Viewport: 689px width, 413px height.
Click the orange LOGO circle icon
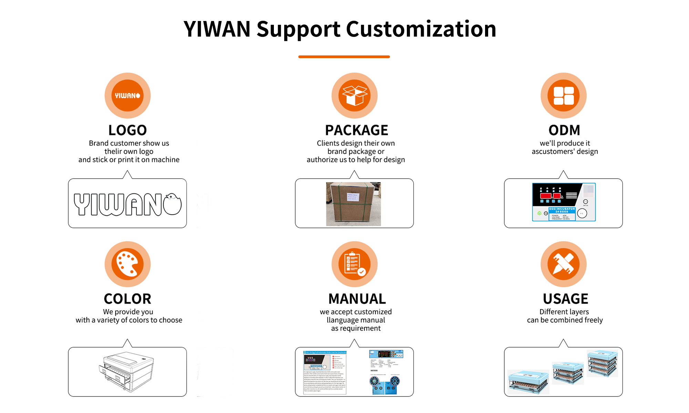pyautogui.click(x=127, y=95)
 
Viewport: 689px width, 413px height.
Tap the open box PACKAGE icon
pyautogui.click(x=354, y=95)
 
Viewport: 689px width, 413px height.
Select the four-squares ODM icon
pyautogui.click(x=564, y=95)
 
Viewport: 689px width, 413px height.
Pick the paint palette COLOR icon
pyautogui.click(x=127, y=264)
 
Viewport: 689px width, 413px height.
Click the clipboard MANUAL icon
pyautogui.click(x=354, y=264)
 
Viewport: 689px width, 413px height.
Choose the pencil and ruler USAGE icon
pyautogui.click(x=564, y=264)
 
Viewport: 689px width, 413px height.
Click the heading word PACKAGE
pyautogui.click(x=357, y=130)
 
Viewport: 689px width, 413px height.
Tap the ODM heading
pyautogui.click(x=564, y=130)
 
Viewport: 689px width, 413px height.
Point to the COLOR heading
pyautogui.click(x=127, y=299)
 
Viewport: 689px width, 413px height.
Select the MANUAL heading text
pyautogui.click(x=357, y=299)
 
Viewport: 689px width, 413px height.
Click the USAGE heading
pyautogui.click(x=565, y=299)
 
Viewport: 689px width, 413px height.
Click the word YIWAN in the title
pyautogui.click(x=217, y=29)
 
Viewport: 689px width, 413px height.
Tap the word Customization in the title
pyautogui.click(x=421, y=29)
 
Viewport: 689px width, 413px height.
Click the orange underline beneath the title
pyautogui.click(x=344, y=57)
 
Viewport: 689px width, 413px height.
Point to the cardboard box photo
pyautogui.click(x=353, y=204)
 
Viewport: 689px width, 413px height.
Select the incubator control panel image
pyautogui.click(x=564, y=202)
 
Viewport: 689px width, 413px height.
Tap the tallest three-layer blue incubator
pyautogui.click(x=603, y=363)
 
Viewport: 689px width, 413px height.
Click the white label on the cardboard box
pyautogui.click(x=352, y=197)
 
